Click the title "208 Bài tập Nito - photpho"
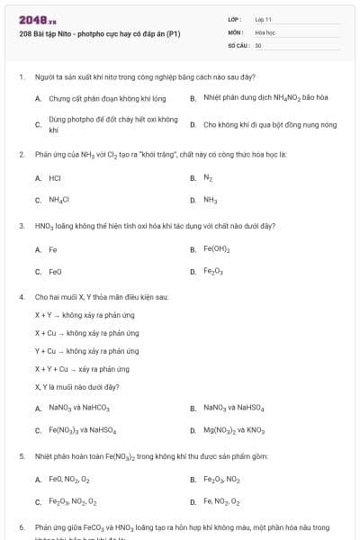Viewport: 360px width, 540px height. [x=99, y=34]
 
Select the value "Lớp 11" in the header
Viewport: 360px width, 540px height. [x=264, y=18]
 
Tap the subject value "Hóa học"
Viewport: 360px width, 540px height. [x=265, y=31]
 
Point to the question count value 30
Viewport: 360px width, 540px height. [x=258, y=44]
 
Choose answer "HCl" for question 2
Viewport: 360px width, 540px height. [x=55, y=178]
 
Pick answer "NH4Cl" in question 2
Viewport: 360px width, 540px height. [x=59, y=200]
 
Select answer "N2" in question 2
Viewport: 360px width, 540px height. [x=209, y=178]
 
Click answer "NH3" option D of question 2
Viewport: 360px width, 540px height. [x=210, y=200]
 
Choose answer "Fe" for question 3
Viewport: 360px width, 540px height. [x=53, y=249]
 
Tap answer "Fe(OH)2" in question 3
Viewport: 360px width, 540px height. [x=217, y=249]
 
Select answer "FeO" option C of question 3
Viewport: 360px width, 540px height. [x=55, y=271]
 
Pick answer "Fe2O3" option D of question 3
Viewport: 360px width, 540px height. [x=213, y=271]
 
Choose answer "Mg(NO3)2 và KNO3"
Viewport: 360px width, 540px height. [x=233, y=430]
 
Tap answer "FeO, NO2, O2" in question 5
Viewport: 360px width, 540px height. [x=69, y=480]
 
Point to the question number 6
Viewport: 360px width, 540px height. [x=21, y=526]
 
